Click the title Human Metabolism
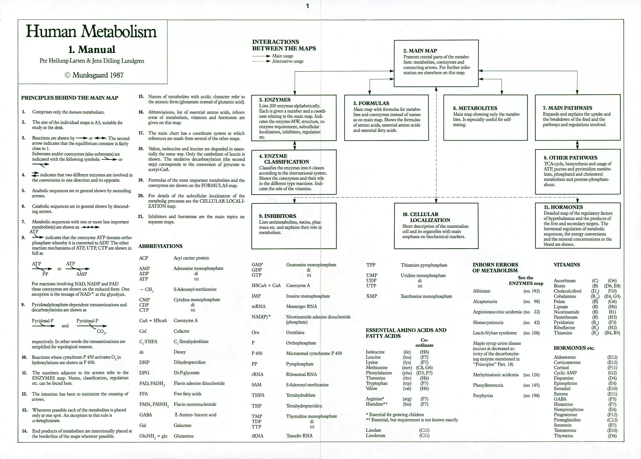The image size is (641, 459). (91, 32)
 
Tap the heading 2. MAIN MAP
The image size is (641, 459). (420, 51)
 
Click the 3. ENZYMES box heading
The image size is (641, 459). (274, 100)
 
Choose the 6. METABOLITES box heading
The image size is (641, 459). (475, 108)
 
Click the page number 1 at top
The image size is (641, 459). (307, 6)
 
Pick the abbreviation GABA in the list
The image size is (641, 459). (146, 415)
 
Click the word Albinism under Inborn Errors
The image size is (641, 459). (481, 291)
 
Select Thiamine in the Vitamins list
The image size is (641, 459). (563, 333)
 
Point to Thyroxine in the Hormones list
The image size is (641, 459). (563, 436)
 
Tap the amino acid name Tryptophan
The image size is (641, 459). (377, 383)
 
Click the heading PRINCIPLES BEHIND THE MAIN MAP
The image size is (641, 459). (70, 98)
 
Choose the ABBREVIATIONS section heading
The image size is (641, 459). (160, 246)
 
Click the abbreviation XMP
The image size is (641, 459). (372, 296)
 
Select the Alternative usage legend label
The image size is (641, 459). (288, 61)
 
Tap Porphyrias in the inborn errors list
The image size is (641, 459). (483, 396)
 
